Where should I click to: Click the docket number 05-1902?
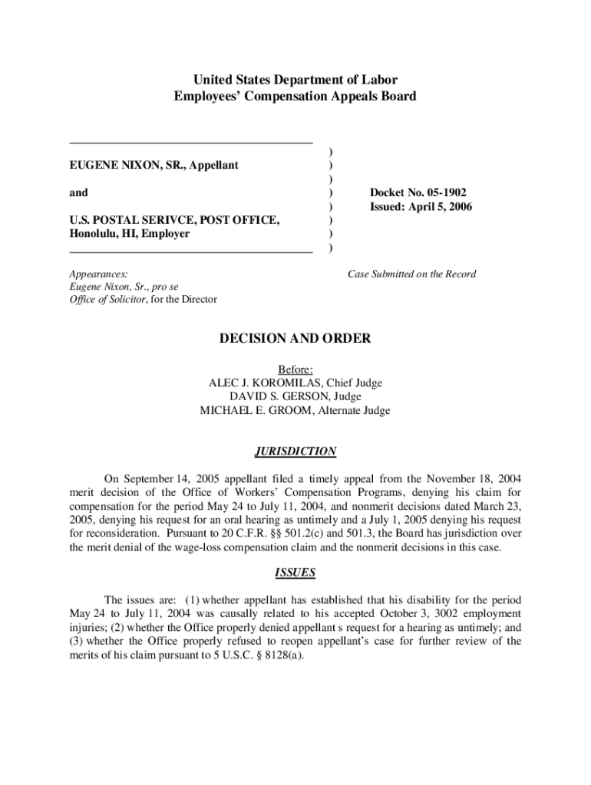tap(441, 192)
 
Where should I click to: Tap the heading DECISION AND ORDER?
tap(295, 338)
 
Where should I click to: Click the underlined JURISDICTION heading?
tap(295, 452)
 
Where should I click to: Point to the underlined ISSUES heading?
tap(295, 573)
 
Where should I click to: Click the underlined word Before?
tap(295, 369)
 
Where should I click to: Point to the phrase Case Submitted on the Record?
tap(411, 274)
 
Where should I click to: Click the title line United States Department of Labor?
tap(295, 80)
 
